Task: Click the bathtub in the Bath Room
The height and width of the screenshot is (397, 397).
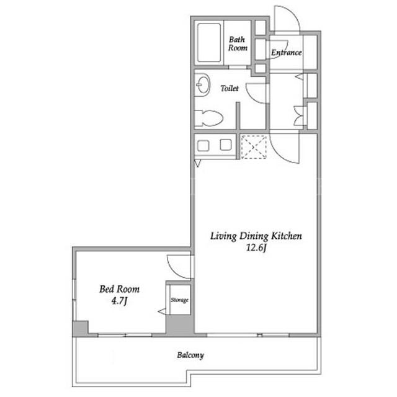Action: (209, 43)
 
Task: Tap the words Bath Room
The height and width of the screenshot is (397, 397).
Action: (238, 43)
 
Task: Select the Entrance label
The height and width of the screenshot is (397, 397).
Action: (287, 53)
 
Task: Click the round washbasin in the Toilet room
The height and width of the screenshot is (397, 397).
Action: (203, 84)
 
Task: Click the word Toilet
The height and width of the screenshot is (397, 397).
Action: (230, 88)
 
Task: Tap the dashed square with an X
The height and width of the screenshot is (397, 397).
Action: (254, 147)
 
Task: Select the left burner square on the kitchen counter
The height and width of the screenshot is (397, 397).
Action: (203, 146)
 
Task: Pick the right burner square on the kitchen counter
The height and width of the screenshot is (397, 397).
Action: (226, 145)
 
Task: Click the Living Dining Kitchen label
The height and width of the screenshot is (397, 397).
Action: (256, 236)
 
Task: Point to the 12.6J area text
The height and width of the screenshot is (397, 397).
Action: (256, 248)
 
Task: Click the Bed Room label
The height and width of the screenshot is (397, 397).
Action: (119, 289)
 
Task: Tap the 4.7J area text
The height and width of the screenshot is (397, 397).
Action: (119, 301)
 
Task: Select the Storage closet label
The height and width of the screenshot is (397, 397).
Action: (179, 300)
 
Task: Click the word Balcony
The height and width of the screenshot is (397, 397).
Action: (190, 355)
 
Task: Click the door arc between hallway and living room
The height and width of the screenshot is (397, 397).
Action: (278, 154)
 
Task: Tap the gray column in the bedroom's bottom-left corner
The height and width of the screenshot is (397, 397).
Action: (81, 329)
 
